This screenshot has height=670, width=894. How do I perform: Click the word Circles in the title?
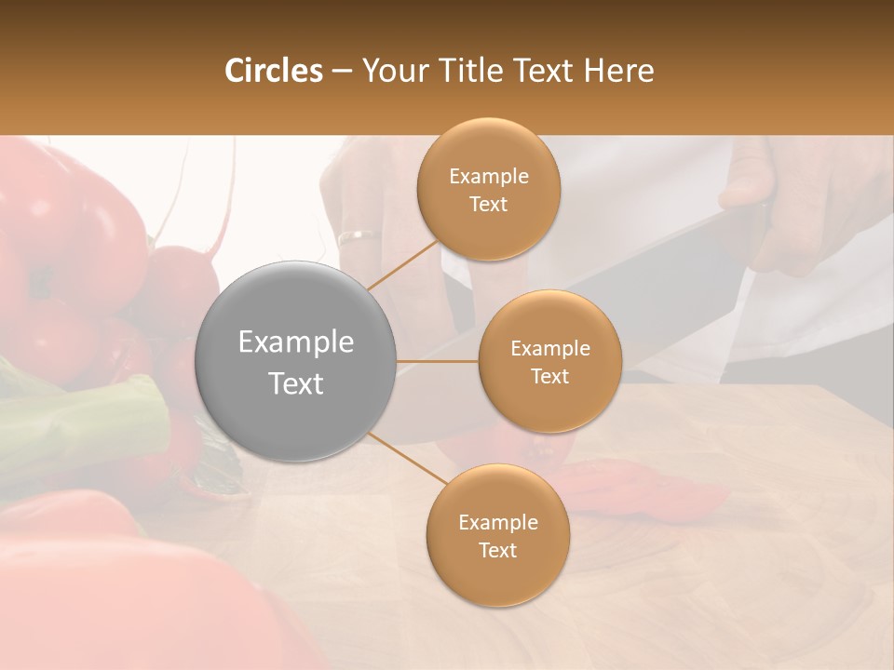click(273, 71)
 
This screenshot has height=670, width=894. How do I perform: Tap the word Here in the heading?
click(618, 71)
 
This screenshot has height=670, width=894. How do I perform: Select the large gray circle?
click(296, 361)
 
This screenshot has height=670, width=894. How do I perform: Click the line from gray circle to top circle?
click(403, 265)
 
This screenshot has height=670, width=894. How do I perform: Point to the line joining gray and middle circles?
click(438, 361)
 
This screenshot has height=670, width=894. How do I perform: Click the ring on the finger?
click(359, 236)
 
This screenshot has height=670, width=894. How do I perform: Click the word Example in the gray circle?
click(296, 342)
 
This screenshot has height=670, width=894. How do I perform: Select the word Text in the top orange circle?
click(488, 205)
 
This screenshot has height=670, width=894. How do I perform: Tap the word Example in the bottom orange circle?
click(497, 523)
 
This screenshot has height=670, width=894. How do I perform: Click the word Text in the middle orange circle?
click(549, 377)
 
